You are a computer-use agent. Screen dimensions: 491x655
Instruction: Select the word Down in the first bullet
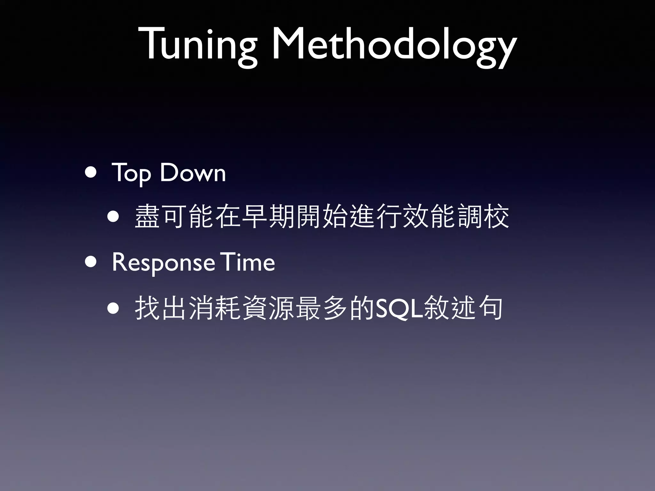[x=193, y=173]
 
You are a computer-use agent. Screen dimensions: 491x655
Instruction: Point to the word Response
[x=163, y=263]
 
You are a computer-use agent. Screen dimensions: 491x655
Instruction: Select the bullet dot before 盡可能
[x=114, y=217]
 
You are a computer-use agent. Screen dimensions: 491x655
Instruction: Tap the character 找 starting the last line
[x=147, y=308]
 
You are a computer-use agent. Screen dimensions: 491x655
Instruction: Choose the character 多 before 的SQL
[x=335, y=308]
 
